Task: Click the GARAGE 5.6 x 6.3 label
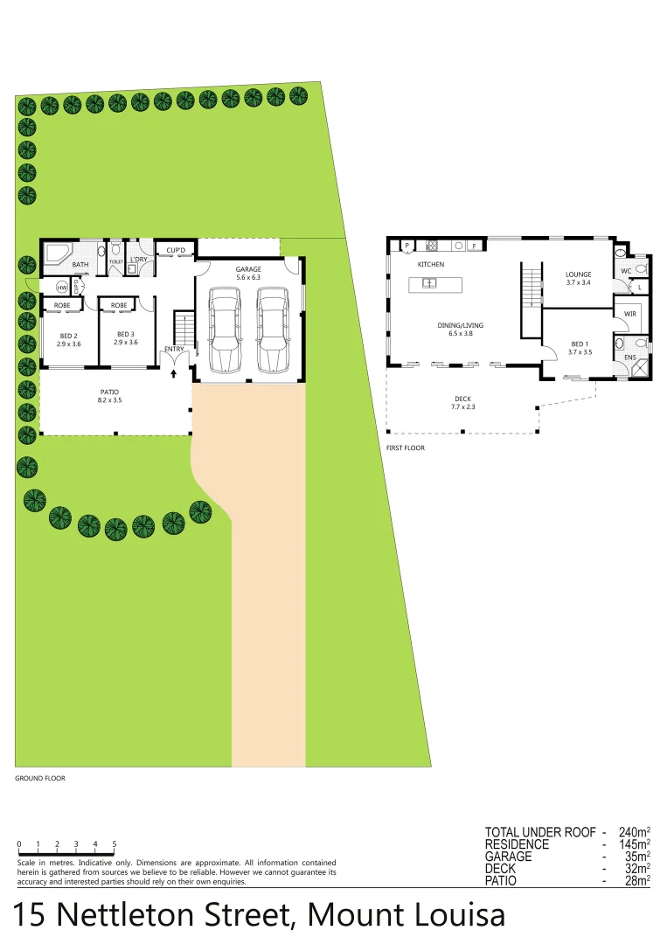point(248,273)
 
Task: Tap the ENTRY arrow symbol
point(174,373)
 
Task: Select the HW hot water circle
point(62,288)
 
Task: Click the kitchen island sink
point(429,283)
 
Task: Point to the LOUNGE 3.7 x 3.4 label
point(579,278)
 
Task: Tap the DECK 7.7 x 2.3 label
point(463,402)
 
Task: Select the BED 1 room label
point(580,348)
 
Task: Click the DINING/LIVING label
point(460,330)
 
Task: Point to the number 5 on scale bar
point(115,844)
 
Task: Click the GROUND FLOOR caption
point(40,778)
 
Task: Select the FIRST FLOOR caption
point(406,448)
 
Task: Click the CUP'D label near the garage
point(176,251)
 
